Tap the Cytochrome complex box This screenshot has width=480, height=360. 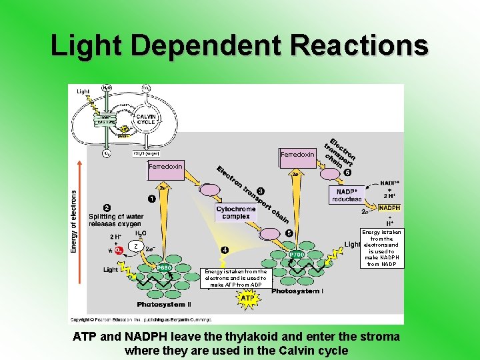(236, 212)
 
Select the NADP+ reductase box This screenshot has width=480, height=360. (347, 195)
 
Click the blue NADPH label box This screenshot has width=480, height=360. (389, 208)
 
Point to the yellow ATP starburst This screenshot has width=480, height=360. (247, 299)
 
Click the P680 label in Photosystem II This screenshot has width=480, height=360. (164, 268)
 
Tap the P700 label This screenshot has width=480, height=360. (297, 255)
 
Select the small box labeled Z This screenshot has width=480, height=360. (136, 247)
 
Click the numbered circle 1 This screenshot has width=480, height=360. (152, 198)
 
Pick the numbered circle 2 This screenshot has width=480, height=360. (107, 207)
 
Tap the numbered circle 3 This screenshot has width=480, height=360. (261, 192)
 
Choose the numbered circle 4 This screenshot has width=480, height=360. (225, 250)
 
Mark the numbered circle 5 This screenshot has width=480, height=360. (289, 233)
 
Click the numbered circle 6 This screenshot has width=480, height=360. (347, 173)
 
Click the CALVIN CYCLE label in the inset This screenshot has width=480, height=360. (146, 119)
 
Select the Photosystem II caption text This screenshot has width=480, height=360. (163, 305)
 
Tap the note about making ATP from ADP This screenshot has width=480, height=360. (235, 278)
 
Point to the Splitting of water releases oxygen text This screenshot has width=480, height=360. (115, 220)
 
